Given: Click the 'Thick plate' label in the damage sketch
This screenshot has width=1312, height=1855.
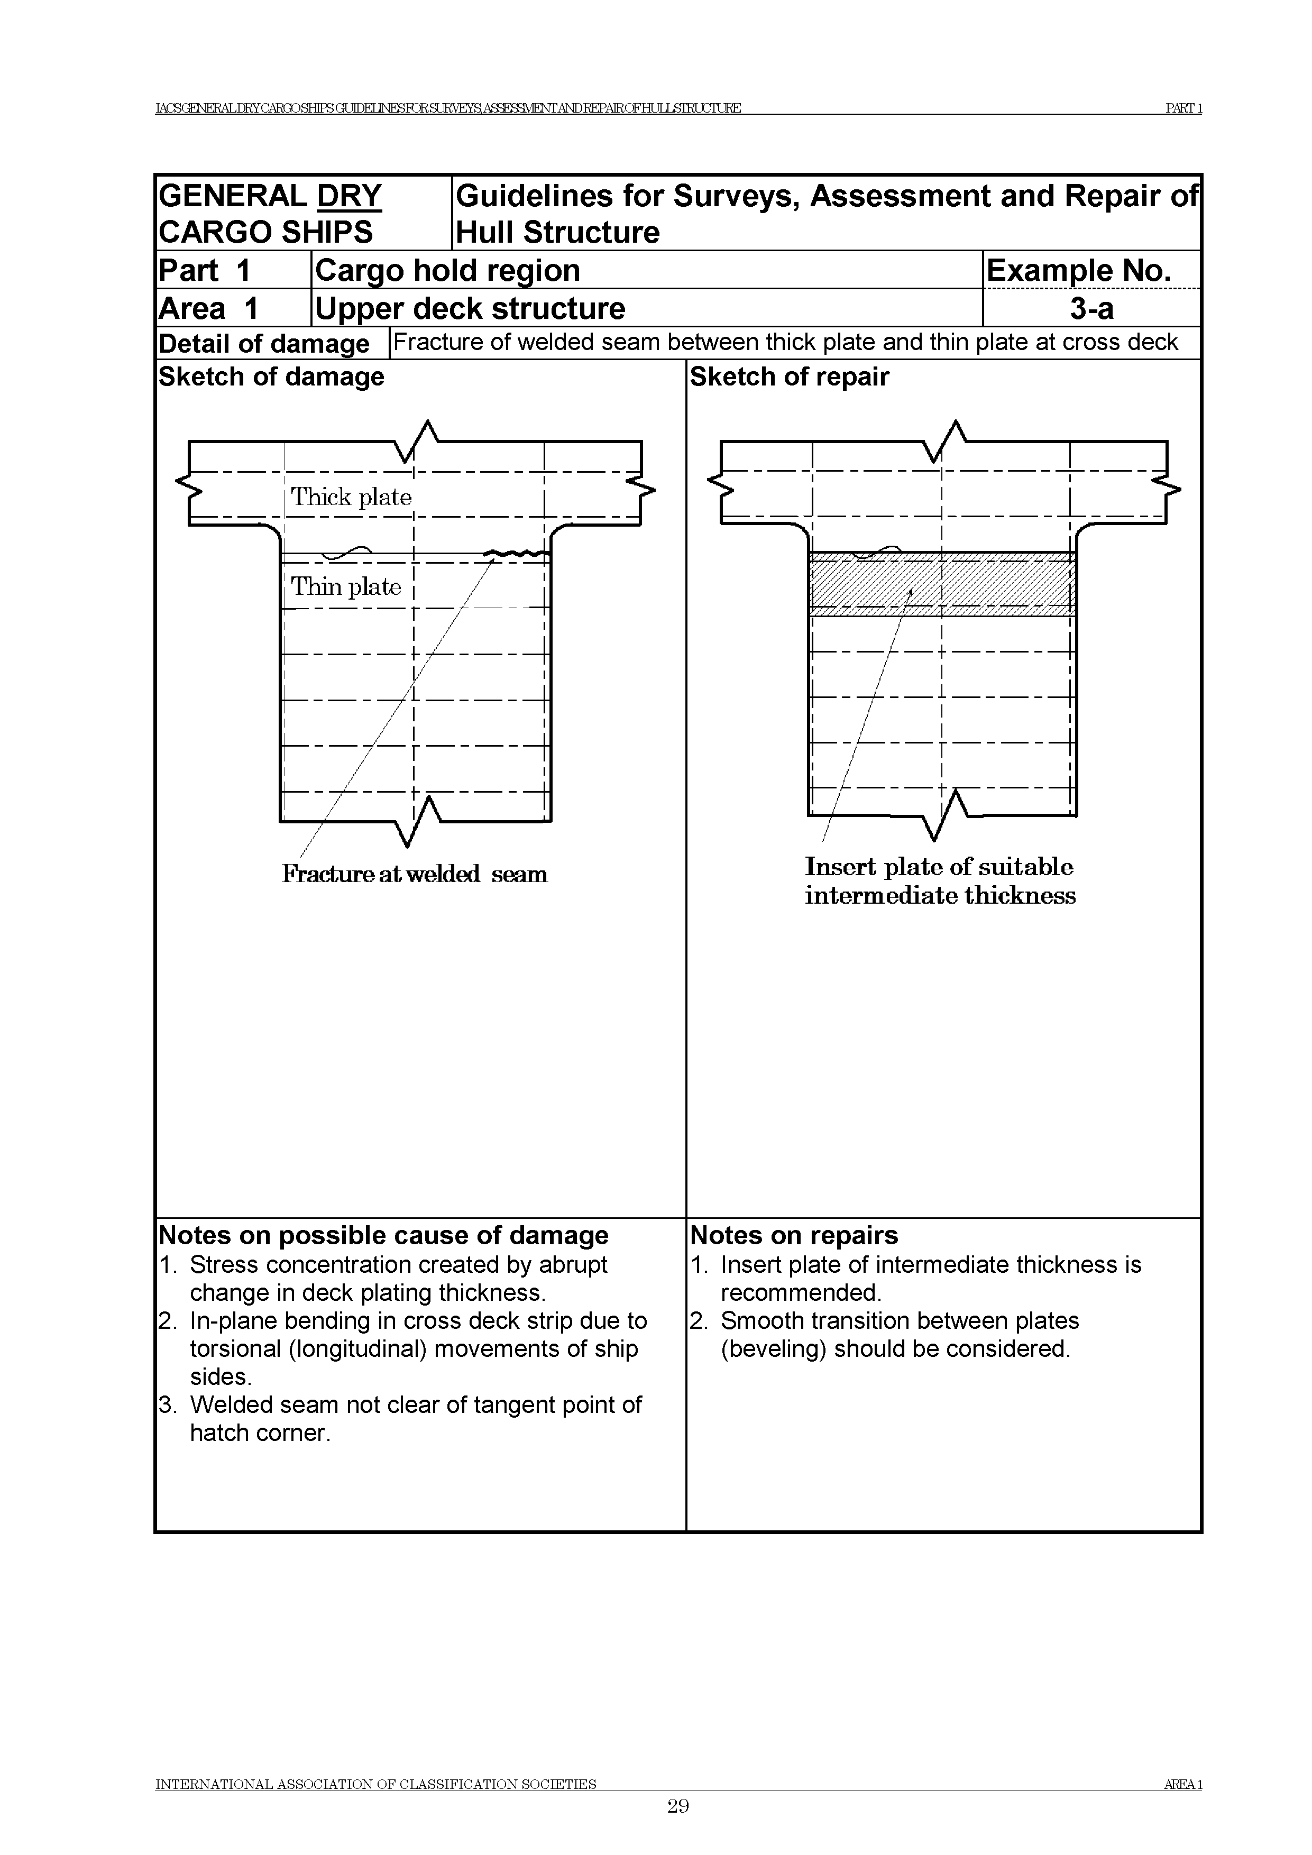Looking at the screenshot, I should tap(351, 497).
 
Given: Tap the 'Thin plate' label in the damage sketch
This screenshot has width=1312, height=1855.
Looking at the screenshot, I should tap(346, 586).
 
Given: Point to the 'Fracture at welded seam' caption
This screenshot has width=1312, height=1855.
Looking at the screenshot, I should tap(415, 874).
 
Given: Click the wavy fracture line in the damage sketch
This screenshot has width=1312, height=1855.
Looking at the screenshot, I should tap(517, 554).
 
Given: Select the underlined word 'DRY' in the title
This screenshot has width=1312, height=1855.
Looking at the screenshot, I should tap(349, 196).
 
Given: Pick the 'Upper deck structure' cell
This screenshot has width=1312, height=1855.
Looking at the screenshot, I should tap(470, 309).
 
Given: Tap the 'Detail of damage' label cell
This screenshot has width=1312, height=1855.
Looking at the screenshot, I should tap(264, 343).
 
